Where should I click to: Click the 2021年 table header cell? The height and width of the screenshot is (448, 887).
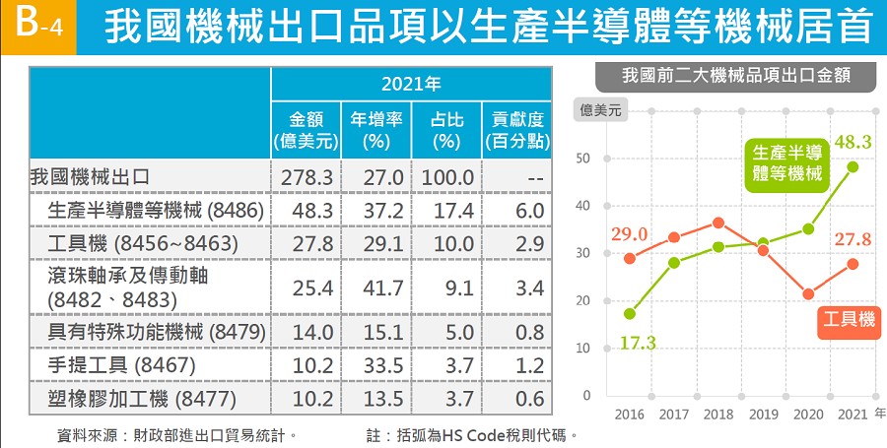(411, 84)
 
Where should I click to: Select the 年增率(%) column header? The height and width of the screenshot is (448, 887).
(376, 130)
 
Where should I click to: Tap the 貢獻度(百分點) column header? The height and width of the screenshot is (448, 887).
(515, 130)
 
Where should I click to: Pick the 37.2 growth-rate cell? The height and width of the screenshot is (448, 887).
(376, 210)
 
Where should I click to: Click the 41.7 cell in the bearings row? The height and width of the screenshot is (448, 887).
(376, 286)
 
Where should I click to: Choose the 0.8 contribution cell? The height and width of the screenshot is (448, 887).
(515, 333)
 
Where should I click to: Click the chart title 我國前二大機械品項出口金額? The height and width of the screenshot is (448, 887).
(736, 75)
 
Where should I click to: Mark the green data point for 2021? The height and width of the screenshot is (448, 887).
(853, 166)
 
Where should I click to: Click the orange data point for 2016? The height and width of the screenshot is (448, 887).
(630, 258)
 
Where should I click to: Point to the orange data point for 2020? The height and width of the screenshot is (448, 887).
(808, 294)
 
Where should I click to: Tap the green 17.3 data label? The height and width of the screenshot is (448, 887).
(638, 343)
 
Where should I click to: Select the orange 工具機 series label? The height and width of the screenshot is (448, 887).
(849, 319)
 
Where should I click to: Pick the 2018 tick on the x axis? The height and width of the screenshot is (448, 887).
(718, 414)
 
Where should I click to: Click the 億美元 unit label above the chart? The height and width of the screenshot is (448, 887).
(602, 111)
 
